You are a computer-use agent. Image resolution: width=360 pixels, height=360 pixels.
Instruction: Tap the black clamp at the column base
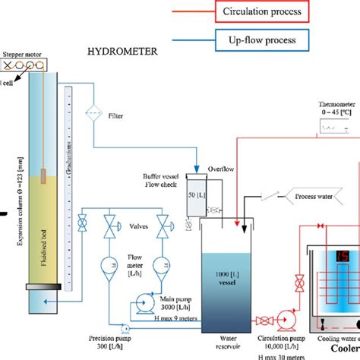pyautogui.click(x=38, y=287)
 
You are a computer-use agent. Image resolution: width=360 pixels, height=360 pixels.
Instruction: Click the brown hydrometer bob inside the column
pyautogui.click(x=45, y=176)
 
